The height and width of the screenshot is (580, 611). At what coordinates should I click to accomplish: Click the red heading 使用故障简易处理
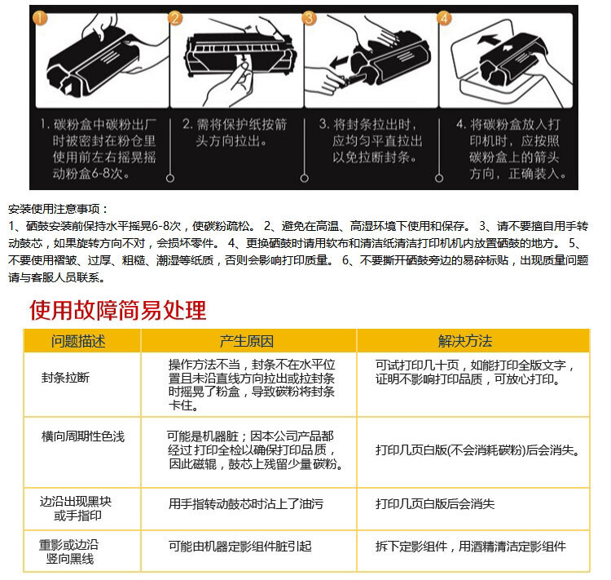point(118,310)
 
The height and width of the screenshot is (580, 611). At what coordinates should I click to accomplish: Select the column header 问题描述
point(78,341)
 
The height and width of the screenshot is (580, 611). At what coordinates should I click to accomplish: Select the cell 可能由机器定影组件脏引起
point(240,546)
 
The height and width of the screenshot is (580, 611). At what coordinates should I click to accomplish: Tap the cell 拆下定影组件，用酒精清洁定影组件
point(470,546)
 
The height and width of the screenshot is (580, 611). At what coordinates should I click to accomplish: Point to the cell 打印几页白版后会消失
point(435,504)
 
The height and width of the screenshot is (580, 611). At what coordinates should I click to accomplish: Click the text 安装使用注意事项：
point(58,209)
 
